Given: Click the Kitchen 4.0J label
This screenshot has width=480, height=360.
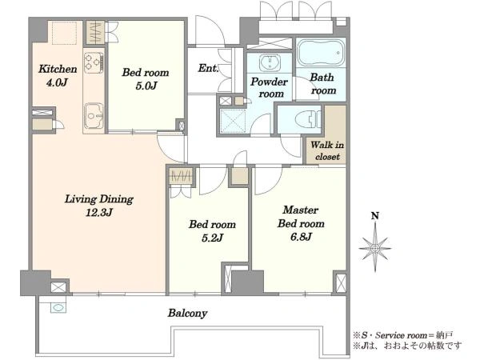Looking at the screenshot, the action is [x=58, y=75].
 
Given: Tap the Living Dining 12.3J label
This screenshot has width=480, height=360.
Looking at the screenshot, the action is [x=99, y=206].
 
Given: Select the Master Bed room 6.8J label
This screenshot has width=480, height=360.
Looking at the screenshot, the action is [x=301, y=223].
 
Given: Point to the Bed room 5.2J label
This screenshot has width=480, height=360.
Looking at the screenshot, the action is [x=212, y=230].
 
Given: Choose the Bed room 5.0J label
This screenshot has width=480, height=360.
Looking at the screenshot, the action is [x=146, y=78].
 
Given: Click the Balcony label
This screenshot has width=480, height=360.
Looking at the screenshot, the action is [x=187, y=313].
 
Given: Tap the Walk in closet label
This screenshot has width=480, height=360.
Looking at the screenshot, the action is [x=327, y=150].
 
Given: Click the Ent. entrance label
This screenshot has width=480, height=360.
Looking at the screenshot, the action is [x=208, y=68].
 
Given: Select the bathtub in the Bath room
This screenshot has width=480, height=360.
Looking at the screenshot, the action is [x=321, y=52].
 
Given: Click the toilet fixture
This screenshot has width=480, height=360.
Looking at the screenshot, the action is [x=309, y=118].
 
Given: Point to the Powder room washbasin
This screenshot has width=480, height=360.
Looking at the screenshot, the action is [x=270, y=62].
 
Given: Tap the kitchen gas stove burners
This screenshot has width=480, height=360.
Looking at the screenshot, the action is [x=94, y=62].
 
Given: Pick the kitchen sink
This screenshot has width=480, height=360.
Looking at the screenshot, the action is [x=94, y=116].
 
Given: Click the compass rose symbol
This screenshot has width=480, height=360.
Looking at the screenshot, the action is [x=375, y=248].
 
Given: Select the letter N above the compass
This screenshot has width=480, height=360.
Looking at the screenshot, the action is [x=375, y=216].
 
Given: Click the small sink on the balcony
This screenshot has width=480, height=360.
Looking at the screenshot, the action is [x=58, y=307].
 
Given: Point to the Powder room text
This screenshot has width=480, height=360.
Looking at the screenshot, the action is [x=270, y=87].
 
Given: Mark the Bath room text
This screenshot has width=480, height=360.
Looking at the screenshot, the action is [x=322, y=83].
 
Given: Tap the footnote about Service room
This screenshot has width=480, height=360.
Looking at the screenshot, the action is [x=403, y=335].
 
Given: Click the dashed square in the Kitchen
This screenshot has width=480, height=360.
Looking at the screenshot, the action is [x=64, y=33].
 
